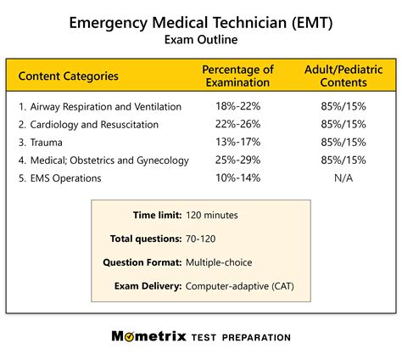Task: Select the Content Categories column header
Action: coord(68,76)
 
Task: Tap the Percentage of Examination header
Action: coord(237,76)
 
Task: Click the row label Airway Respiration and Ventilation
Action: coord(100,107)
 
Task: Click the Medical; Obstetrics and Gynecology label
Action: coord(103,160)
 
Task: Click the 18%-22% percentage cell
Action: coord(237,107)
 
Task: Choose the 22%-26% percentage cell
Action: coord(237,125)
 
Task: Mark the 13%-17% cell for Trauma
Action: coord(237,143)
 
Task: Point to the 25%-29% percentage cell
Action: coord(237,160)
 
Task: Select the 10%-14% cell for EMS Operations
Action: coord(237,178)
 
